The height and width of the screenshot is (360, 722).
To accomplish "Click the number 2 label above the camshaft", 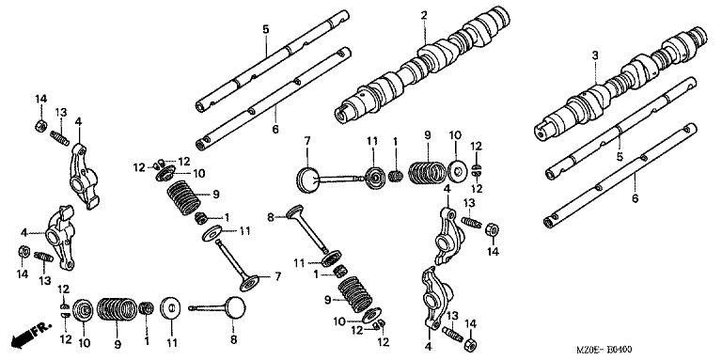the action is coord(424,16).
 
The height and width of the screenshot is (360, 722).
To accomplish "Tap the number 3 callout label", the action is coord(595,55).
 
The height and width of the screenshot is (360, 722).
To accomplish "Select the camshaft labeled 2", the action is coord(422,64).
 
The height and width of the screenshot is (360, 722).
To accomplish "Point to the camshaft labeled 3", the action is coord(620,84).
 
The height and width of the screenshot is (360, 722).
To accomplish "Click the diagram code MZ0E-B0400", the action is coord(604,351).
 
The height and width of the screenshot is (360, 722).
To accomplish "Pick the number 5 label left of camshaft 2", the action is coord(266,29).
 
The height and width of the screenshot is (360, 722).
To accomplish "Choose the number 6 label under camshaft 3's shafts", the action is coord(635,199).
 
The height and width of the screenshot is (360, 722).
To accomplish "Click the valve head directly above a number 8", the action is coord(235,308).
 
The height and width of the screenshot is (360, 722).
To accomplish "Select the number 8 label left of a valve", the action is coord(271,217).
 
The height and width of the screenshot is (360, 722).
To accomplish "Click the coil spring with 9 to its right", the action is coord(183,197).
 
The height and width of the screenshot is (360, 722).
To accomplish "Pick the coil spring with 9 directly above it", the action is coord(429,172).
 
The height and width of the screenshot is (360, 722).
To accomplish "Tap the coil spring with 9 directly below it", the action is coord(117,309).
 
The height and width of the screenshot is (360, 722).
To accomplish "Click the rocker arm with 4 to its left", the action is coord(60,236).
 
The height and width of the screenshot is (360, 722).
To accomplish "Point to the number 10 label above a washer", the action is coord(455,135).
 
